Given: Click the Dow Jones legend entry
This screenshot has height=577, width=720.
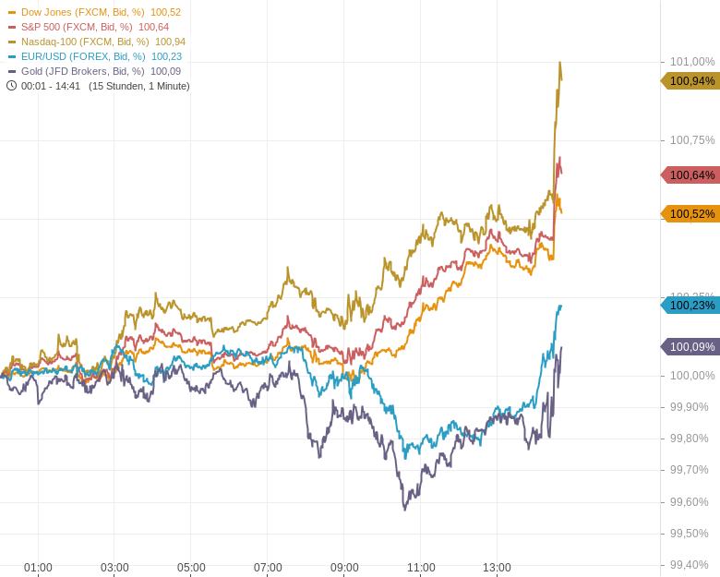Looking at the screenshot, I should tap(94, 12).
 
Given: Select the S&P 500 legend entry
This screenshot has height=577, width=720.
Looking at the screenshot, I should tap(89, 27).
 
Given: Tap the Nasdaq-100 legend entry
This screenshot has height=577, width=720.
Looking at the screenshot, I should tap(97, 42).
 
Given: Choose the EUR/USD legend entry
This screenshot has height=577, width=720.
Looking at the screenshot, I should tap(95, 56).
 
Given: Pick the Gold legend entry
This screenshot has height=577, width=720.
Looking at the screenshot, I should tap(94, 71).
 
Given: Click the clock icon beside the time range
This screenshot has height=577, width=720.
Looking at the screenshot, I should tap(12, 86).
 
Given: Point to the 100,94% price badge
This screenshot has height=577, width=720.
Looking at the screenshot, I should tap(691, 81).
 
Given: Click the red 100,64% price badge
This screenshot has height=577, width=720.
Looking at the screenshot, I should tap(691, 175).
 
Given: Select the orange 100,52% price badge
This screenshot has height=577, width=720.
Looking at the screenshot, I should tap(691, 214).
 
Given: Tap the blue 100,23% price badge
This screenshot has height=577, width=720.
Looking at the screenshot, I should tap(691, 306).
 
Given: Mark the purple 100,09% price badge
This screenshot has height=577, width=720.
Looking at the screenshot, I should tap(691, 347).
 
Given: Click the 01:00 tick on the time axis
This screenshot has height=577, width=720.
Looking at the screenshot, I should tap(38, 568).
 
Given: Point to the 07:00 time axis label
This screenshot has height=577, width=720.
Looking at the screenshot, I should tap(268, 568).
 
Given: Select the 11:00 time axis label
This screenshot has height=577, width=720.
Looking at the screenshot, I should tap(421, 568).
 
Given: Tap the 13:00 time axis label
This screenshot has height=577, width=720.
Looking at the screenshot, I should tap(497, 568).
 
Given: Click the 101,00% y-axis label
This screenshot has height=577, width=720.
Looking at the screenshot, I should tap(692, 62).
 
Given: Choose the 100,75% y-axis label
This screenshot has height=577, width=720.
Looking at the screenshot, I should tap(692, 140).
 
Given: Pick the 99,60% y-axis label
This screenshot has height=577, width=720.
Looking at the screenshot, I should tap(690, 502).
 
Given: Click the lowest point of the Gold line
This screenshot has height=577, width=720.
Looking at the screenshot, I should tap(404, 509).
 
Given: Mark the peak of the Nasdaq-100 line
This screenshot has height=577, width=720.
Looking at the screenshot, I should tap(559, 63).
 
